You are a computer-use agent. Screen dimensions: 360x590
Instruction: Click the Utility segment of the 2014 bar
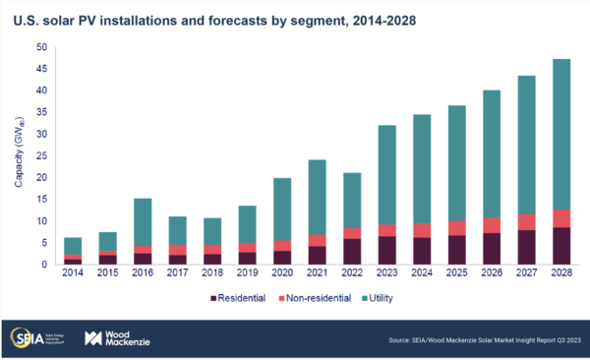(x=73, y=245)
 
